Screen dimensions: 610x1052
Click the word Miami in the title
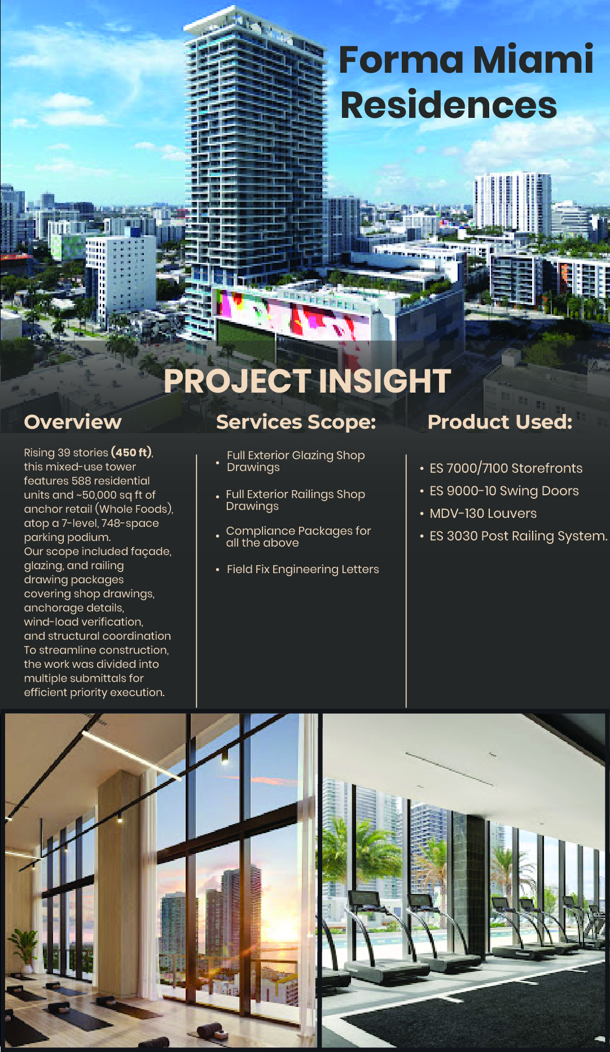pos(533,59)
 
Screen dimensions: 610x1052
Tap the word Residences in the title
pos(449,105)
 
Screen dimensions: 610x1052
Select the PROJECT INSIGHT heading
pos(307,381)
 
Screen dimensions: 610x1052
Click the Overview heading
pos(73,422)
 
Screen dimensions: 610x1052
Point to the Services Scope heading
pos(296,422)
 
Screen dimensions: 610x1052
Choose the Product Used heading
pos(500,422)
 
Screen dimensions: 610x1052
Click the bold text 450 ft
pos(132,452)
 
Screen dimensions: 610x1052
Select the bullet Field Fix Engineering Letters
pos(302,569)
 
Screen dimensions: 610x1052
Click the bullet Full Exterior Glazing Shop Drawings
pos(296,461)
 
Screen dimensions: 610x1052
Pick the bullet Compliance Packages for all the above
pos(298,536)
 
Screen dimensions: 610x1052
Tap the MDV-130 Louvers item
pos(483,513)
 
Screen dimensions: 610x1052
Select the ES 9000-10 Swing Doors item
pos(504,491)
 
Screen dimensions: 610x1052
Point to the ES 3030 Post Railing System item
pos(519,536)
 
